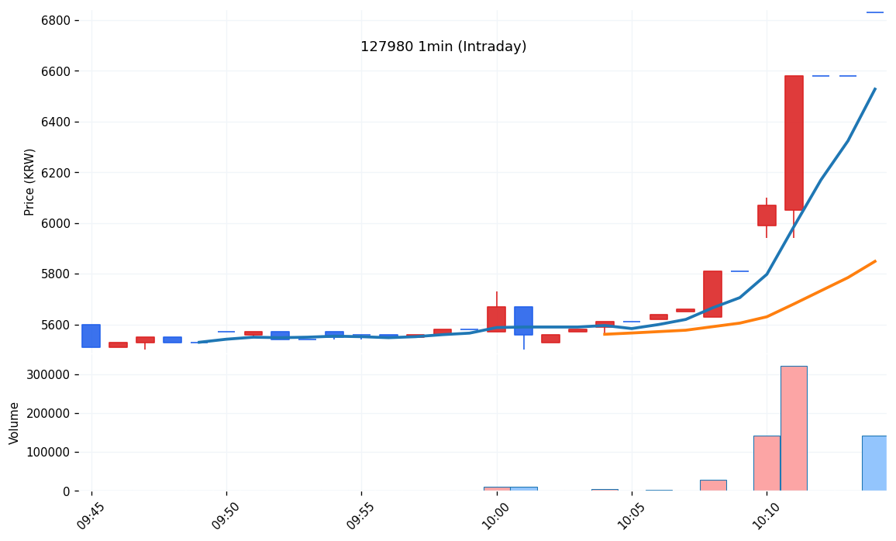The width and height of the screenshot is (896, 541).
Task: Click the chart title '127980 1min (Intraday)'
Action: pyautogui.click(x=443, y=47)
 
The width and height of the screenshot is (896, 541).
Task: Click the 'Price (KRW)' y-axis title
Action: pyautogui.click(x=30, y=181)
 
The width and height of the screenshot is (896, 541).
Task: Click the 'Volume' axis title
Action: pyautogui.click(x=15, y=422)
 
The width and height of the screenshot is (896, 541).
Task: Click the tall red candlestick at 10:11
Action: pyautogui.click(x=794, y=143)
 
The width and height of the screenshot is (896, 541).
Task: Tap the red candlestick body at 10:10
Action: pyautogui.click(x=767, y=215)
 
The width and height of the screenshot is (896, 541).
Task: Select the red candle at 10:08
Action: pyautogui.click(x=712, y=294)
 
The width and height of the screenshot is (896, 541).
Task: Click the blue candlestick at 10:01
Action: pyautogui.click(x=523, y=320)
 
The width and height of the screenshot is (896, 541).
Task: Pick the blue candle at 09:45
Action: pyautogui.click(x=91, y=336)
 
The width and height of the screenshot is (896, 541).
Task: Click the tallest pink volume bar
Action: pyautogui.click(x=794, y=428)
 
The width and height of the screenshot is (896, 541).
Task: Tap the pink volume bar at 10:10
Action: pyautogui.click(x=767, y=463)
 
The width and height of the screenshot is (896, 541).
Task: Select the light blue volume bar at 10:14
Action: pyautogui.click(x=874, y=463)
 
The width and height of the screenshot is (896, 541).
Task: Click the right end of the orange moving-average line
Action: pyautogui.click(x=875, y=261)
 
